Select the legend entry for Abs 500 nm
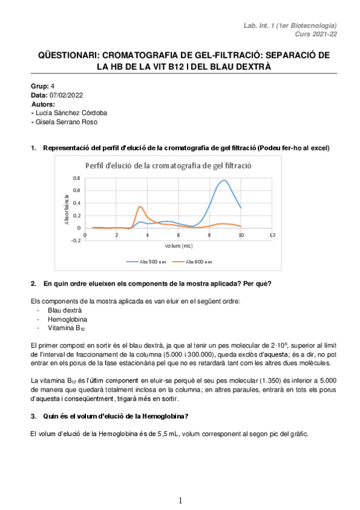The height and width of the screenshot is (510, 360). click(142, 262)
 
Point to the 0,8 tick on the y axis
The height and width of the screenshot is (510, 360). click(76, 179)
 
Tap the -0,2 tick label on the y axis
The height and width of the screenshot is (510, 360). click(75, 240)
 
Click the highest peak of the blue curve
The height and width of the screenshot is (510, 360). click(224, 180)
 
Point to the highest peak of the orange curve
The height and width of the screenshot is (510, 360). click(140, 207)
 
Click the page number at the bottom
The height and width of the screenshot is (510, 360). click(180, 500)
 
